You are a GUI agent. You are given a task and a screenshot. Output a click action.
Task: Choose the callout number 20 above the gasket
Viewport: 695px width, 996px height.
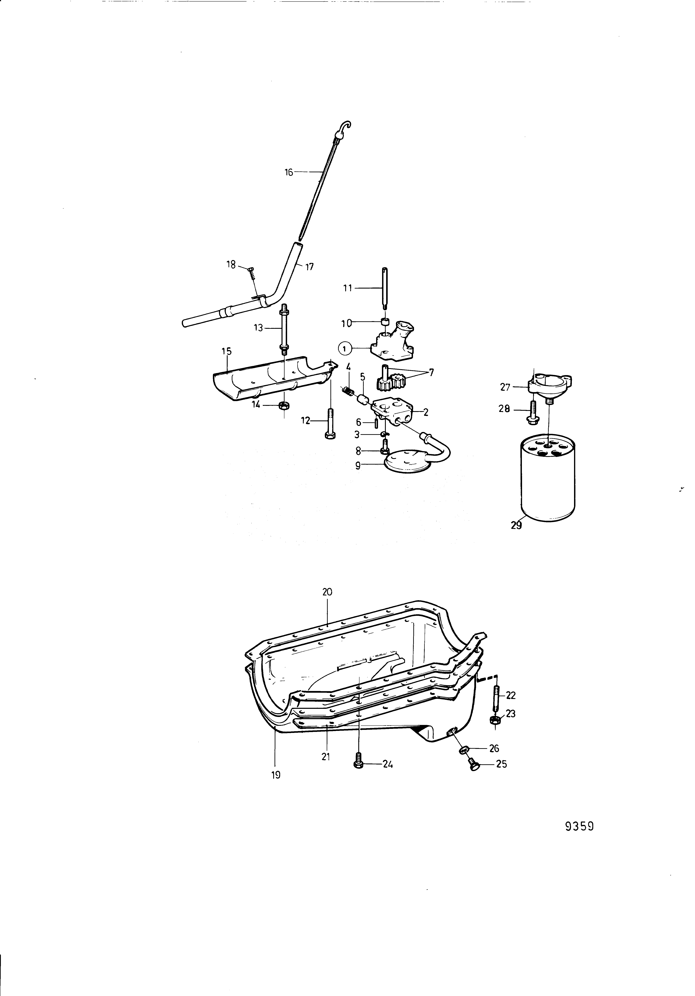(327, 592)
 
